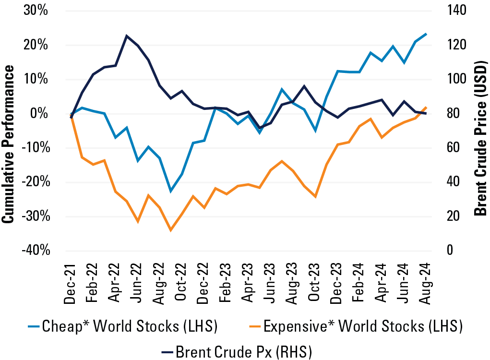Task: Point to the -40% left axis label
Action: coord(35,251)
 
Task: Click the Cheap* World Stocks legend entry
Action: coord(122,327)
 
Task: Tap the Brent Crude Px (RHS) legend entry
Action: coord(235,352)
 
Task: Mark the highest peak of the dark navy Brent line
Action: coord(126,36)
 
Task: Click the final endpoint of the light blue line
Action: coord(426,34)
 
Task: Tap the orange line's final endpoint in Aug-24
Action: coord(426,108)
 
